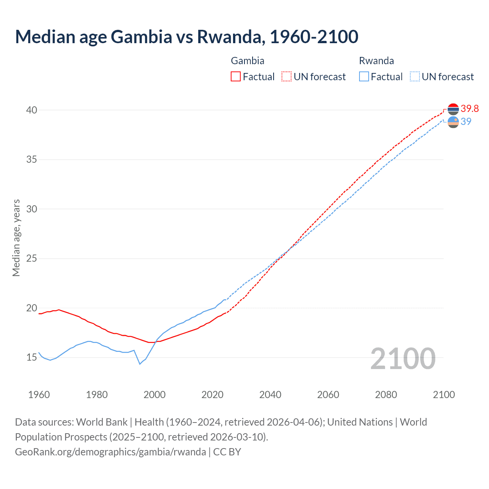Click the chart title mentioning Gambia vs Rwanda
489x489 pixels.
pos(186,37)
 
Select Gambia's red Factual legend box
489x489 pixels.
pos(236,76)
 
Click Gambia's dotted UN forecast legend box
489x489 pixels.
pos(287,76)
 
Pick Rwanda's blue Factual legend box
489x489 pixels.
pos(364,76)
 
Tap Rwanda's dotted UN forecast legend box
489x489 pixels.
pos(415,76)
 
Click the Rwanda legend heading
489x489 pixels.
pos(376,61)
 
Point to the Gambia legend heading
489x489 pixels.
pos(248,61)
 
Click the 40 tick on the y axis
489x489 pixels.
pos(32,110)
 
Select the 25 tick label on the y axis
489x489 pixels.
pos(32,259)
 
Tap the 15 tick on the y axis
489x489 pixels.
pos(32,358)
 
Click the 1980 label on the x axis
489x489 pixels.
pos(97,395)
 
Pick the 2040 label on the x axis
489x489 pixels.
pos(270,395)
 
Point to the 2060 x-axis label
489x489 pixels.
pos(328,395)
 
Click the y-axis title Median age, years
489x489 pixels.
pos(16,238)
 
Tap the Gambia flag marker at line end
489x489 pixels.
pos(453,109)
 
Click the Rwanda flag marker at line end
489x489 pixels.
pos(453,122)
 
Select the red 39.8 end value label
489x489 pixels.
pos(470,109)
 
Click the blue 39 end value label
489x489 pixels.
pos(466,121)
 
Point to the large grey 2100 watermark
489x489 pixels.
pos(403,358)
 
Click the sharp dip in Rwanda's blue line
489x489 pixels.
pos(140,364)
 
